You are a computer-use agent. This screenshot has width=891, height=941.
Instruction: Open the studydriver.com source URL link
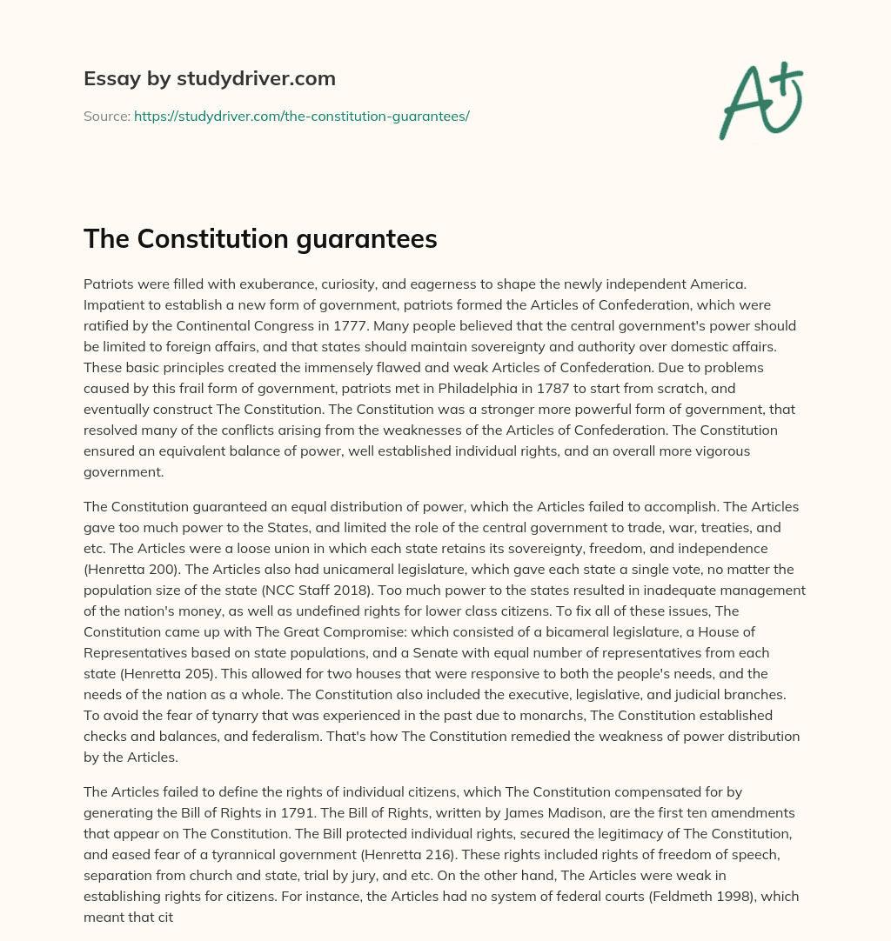pyautogui.click(x=301, y=116)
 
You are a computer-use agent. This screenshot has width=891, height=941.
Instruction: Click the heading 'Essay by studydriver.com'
pyautogui.click(x=209, y=79)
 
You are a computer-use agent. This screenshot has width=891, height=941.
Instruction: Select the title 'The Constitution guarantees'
pyautogui.click(x=260, y=239)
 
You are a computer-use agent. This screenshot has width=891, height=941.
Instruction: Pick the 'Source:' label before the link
pyautogui.click(x=106, y=116)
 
